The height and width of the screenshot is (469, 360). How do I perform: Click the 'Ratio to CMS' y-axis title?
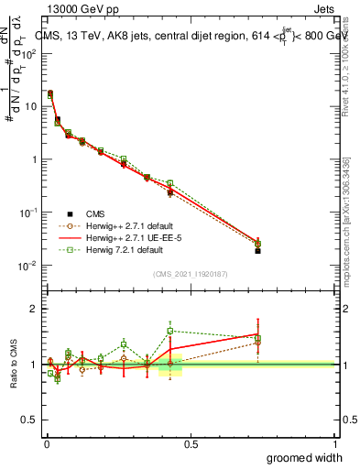click(x=14, y=363)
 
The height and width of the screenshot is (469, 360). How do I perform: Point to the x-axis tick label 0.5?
click(x=191, y=442)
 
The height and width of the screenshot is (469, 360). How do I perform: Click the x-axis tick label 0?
click(x=47, y=442)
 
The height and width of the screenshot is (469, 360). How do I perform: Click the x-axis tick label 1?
click(x=334, y=442)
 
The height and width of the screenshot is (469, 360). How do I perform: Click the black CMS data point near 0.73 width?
click(x=258, y=250)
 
